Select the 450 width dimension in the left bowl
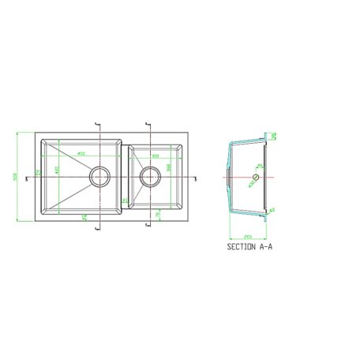coord(81,154)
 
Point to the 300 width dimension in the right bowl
coord(156,156)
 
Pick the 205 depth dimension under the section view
coord(248,235)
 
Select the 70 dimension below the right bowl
coord(158,214)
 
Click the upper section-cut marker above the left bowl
coord(97,127)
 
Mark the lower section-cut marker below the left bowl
coord(97,227)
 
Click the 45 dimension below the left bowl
coord(84,216)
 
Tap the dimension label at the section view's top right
coord(273,137)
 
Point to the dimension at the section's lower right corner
coord(271,209)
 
